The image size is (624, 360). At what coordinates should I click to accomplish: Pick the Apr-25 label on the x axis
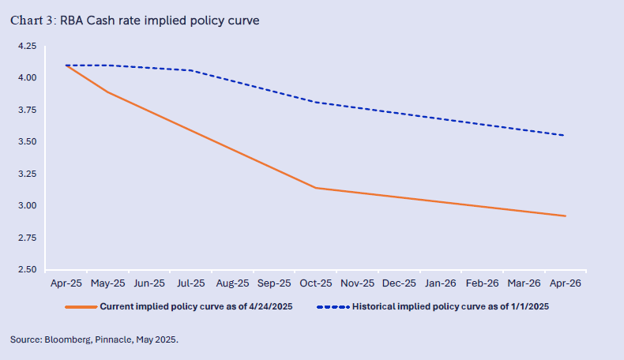[x=66, y=282]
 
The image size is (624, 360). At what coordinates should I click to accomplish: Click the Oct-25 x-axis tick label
[x=315, y=282]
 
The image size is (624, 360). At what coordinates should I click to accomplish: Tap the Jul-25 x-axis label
[x=190, y=282]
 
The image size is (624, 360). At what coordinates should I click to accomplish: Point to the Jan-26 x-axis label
[x=441, y=282]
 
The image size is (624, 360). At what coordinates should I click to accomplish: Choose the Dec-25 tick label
[x=399, y=282]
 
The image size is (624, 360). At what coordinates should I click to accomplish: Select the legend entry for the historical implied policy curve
[x=450, y=306]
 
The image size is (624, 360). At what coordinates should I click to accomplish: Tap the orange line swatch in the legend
[x=80, y=306]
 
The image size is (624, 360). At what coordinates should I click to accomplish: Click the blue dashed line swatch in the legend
[x=333, y=306]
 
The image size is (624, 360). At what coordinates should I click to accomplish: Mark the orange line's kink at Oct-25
[x=315, y=188]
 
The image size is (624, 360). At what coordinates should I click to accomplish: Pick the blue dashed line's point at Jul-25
[x=190, y=70]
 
